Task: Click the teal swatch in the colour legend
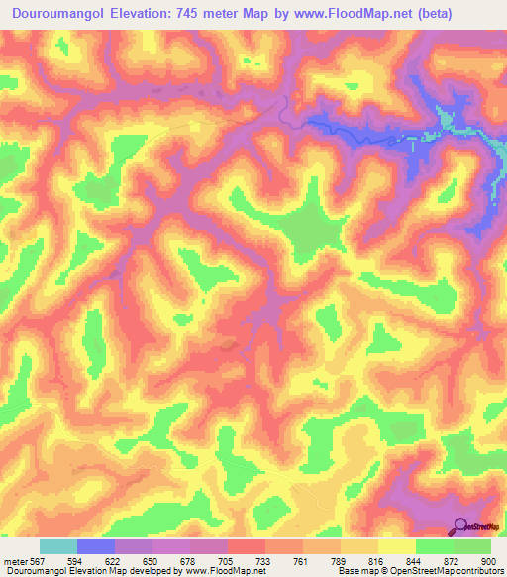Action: pyautogui.click(x=58, y=546)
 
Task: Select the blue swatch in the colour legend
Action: pyautogui.click(x=96, y=546)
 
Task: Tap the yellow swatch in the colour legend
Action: pyautogui.click(x=396, y=546)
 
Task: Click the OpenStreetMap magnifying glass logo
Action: pyautogui.click(x=460, y=526)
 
